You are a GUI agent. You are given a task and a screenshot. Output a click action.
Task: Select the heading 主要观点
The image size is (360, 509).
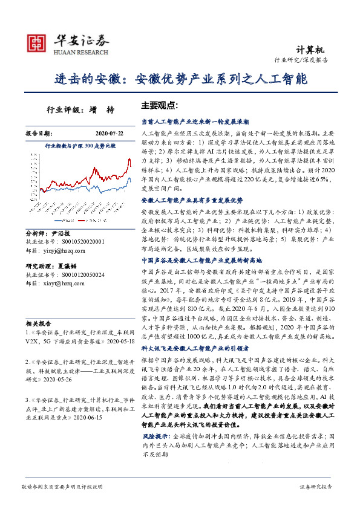pos(159,105)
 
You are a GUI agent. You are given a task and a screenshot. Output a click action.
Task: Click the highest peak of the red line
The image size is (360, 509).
pos(129,161)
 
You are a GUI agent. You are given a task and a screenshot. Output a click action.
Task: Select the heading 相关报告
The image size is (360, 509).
pos(39,324)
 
